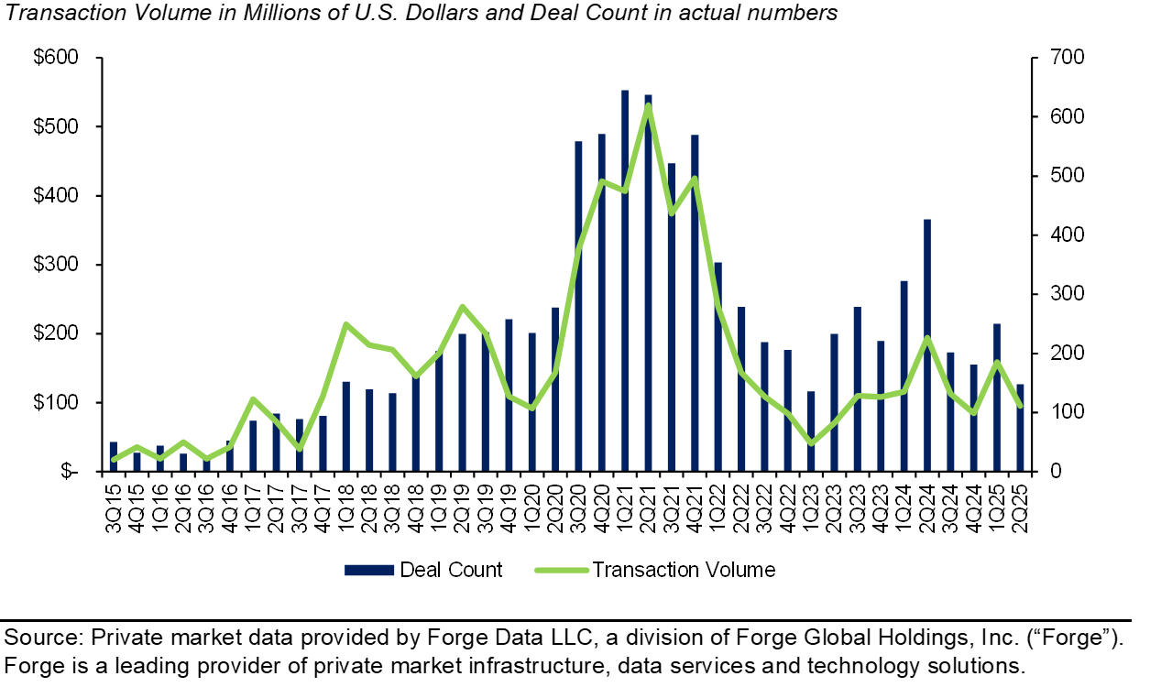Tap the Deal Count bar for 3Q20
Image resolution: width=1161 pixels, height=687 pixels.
(578, 306)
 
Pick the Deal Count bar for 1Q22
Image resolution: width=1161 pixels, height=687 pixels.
(717, 366)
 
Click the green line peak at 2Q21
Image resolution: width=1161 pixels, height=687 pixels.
(648, 104)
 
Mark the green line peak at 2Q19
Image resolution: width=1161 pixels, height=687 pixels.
(462, 307)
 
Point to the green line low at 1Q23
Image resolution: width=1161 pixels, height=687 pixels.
(811, 443)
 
